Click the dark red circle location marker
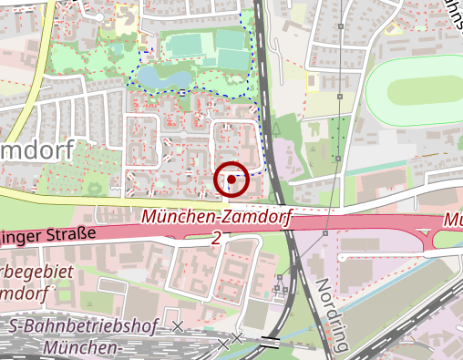pyautogui.click(x=231, y=180)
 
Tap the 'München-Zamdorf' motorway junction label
pyautogui.click(x=217, y=219)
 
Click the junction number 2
pyautogui.click(x=216, y=238)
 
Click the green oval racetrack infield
pyautogui.click(x=424, y=91)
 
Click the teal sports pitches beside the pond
pyautogui.click(x=205, y=48)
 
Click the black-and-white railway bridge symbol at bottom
pyautogui.click(x=271, y=343)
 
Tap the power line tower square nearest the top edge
pyautogui.click(x=340, y=28)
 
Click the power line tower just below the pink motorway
pyautogui.click(x=325, y=232)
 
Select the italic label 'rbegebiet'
pyautogui.click(x=32, y=273)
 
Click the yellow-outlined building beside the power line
pyautogui.click(x=314, y=83)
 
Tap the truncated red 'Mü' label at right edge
pyautogui.click(x=453, y=221)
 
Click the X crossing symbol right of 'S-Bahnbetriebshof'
pyautogui.click(x=178, y=326)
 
